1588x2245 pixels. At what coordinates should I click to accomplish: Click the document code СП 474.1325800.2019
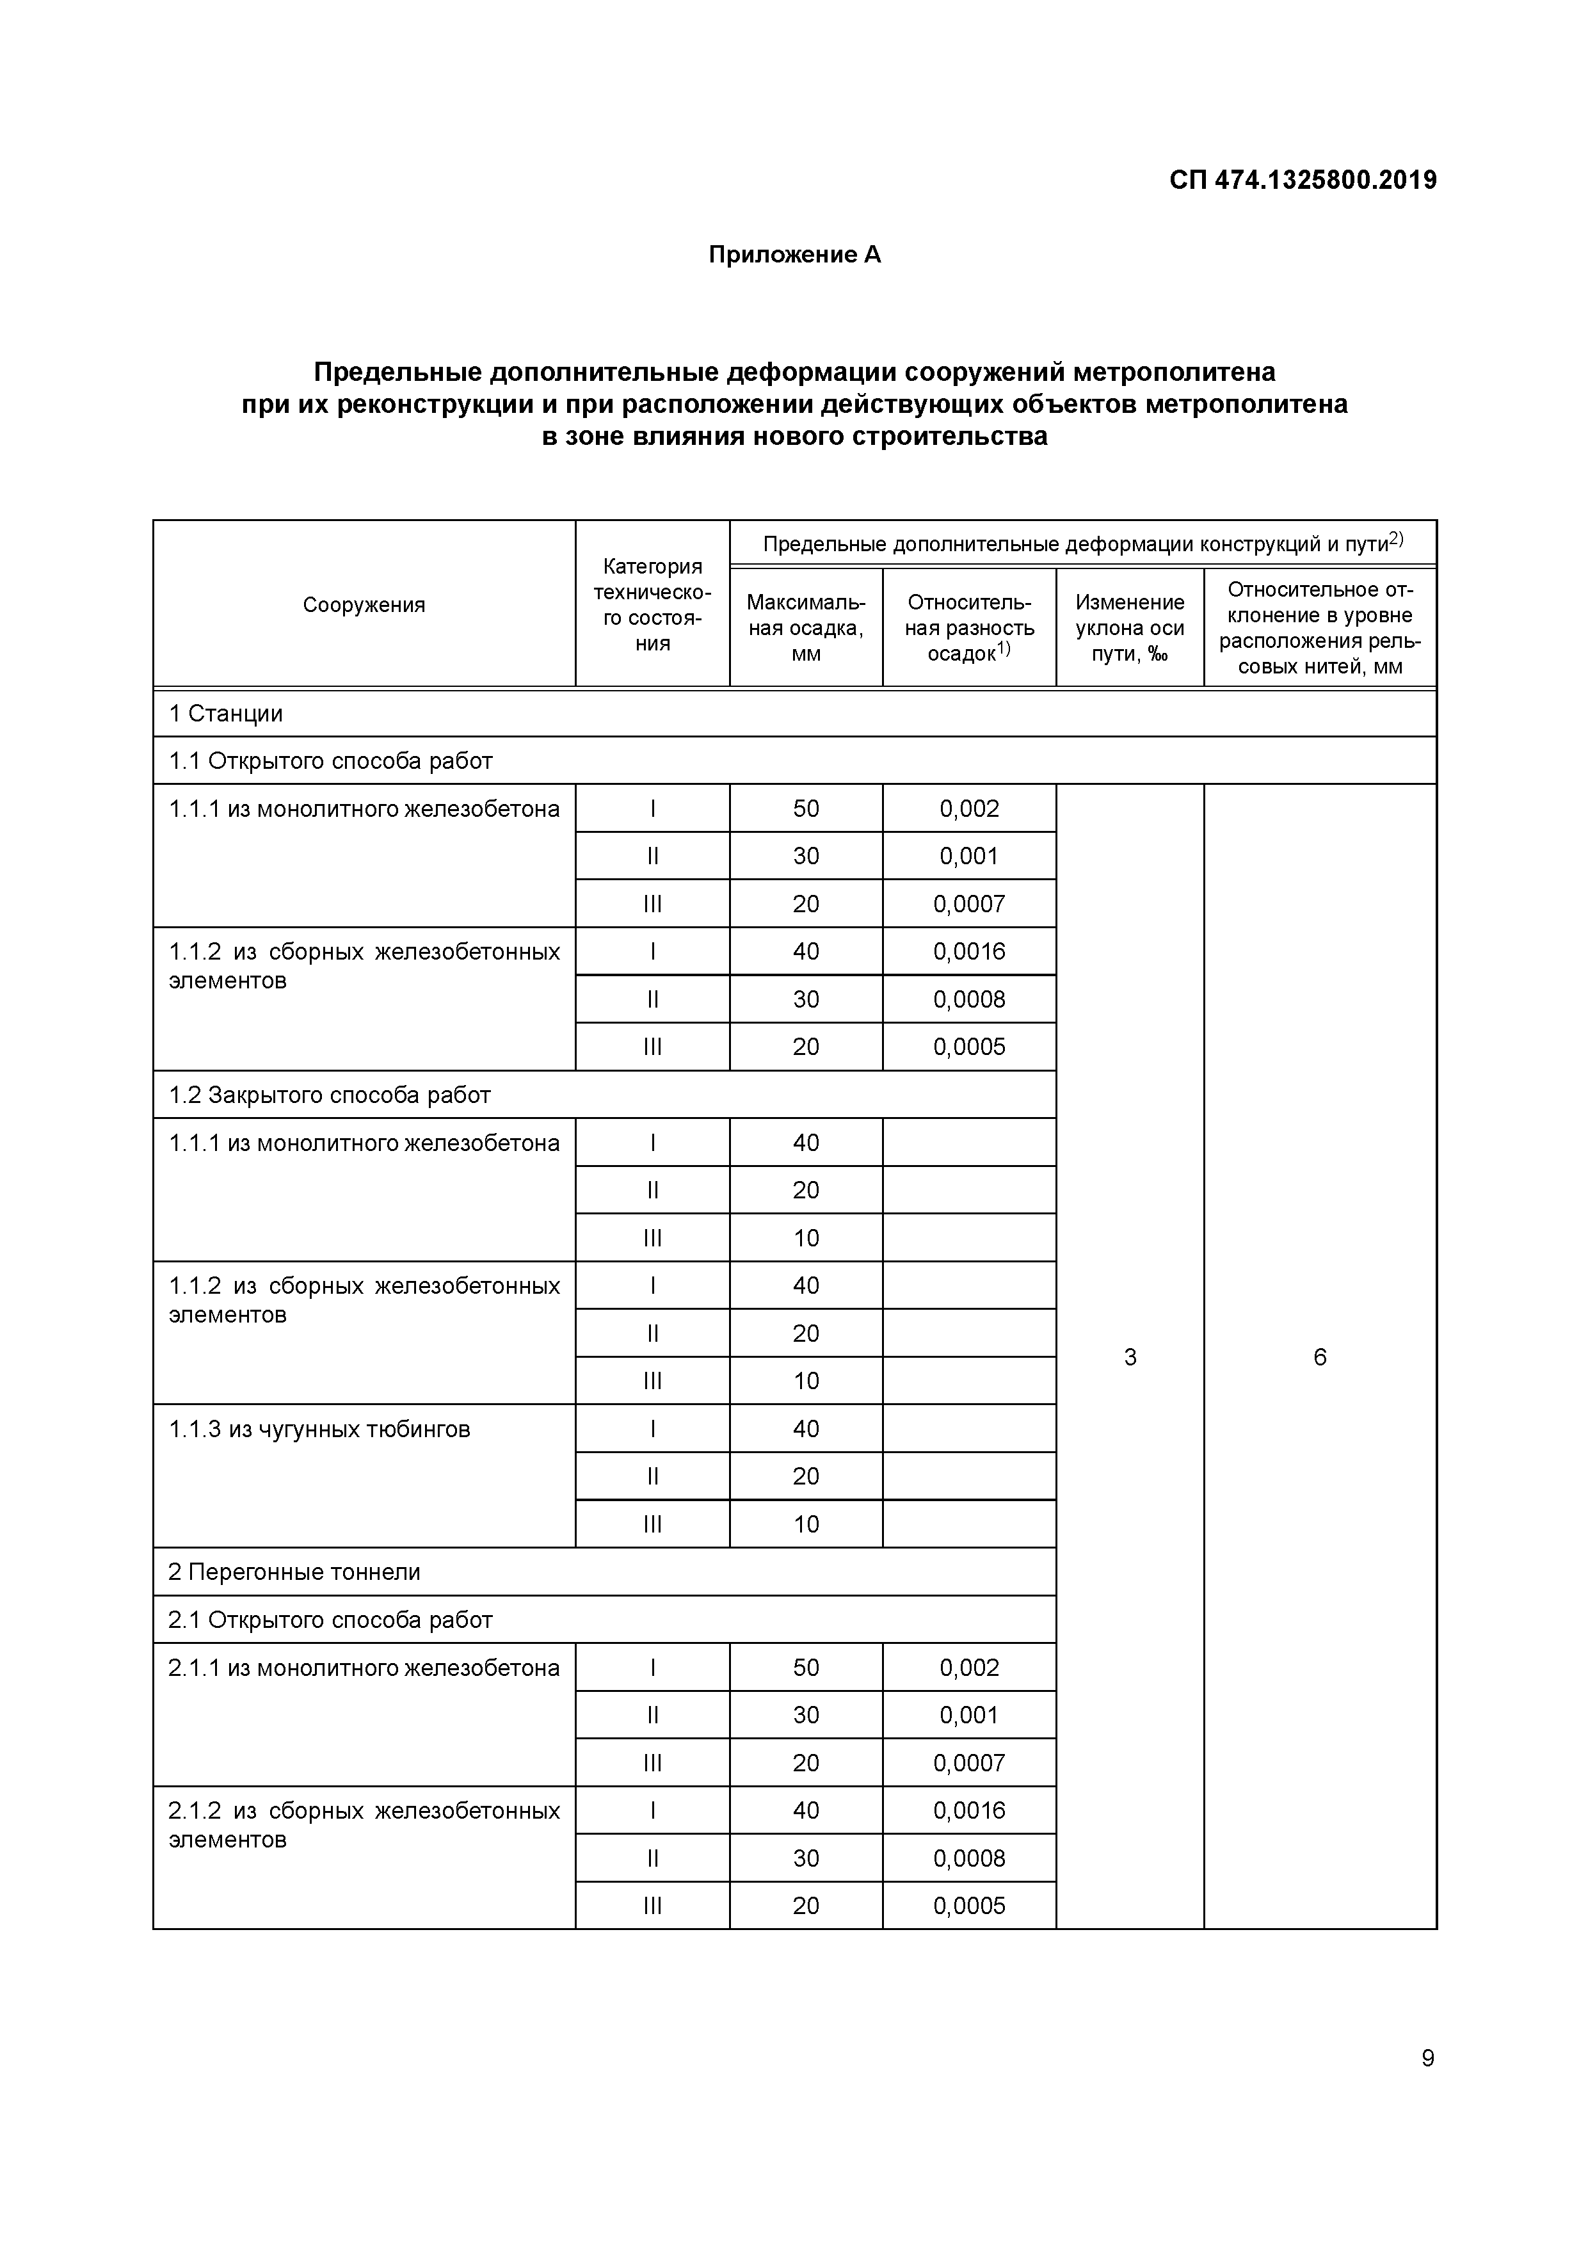(1303, 180)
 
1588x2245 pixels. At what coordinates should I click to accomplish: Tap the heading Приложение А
(794, 255)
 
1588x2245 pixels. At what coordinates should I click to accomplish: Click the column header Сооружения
(364, 604)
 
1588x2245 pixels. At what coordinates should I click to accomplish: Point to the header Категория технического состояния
(652, 604)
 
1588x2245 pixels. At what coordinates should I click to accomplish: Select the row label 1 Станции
(226, 713)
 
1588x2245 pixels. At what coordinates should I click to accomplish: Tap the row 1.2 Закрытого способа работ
(330, 1094)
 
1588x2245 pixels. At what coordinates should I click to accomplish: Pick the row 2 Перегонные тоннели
(294, 1572)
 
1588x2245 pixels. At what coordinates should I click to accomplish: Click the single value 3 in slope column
(1130, 1356)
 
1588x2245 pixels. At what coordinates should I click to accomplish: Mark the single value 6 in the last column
(1320, 1356)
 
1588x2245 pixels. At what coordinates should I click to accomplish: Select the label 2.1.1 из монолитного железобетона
(364, 1667)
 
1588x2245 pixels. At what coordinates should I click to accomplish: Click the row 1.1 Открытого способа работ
(330, 760)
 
